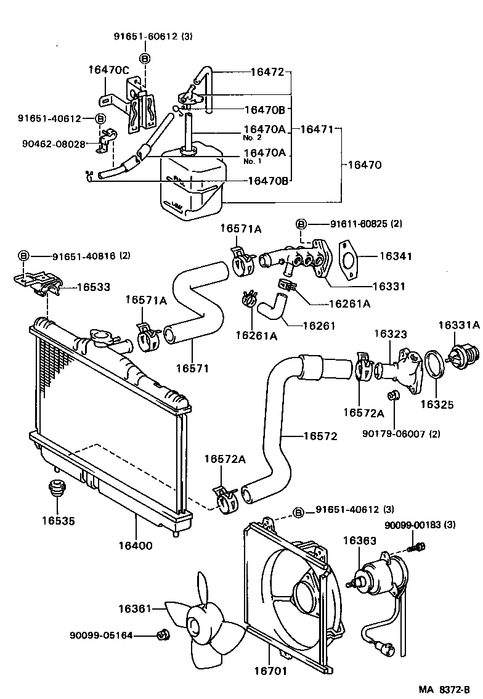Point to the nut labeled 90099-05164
[x=163, y=634]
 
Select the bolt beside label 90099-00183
[x=419, y=546]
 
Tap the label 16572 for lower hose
[x=320, y=436]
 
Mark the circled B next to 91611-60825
[x=301, y=224]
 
